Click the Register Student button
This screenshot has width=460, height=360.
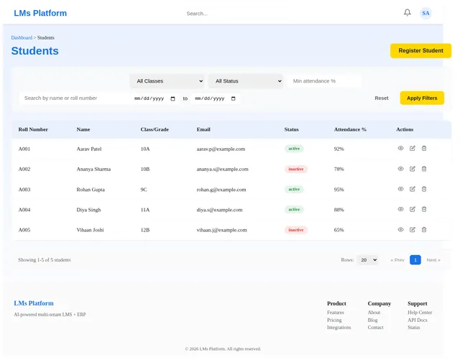click(420, 51)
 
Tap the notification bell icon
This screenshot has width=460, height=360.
click(408, 13)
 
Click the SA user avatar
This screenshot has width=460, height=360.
click(425, 13)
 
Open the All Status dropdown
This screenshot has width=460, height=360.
click(246, 81)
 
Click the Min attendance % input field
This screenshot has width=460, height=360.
click(324, 81)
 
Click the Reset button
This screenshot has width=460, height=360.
click(382, 98)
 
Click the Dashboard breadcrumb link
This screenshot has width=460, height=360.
click(22, 37)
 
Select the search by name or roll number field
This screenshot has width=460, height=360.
click(75, 98)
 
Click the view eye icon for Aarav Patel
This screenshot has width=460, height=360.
click(400, 149)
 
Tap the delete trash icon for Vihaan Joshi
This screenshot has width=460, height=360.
click(424, 230)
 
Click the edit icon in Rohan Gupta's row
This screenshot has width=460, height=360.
click(412, 189)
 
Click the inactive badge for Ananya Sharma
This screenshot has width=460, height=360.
click(295, 169)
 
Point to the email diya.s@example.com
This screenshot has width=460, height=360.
click(219, 210)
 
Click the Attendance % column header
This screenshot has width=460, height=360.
click(350, 129)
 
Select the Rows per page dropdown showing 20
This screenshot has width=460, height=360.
click(367, 260)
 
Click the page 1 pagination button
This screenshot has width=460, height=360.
click(415, 260)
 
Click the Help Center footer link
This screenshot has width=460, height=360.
click(420, 313)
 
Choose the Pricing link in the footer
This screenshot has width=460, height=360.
click(334, 320)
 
